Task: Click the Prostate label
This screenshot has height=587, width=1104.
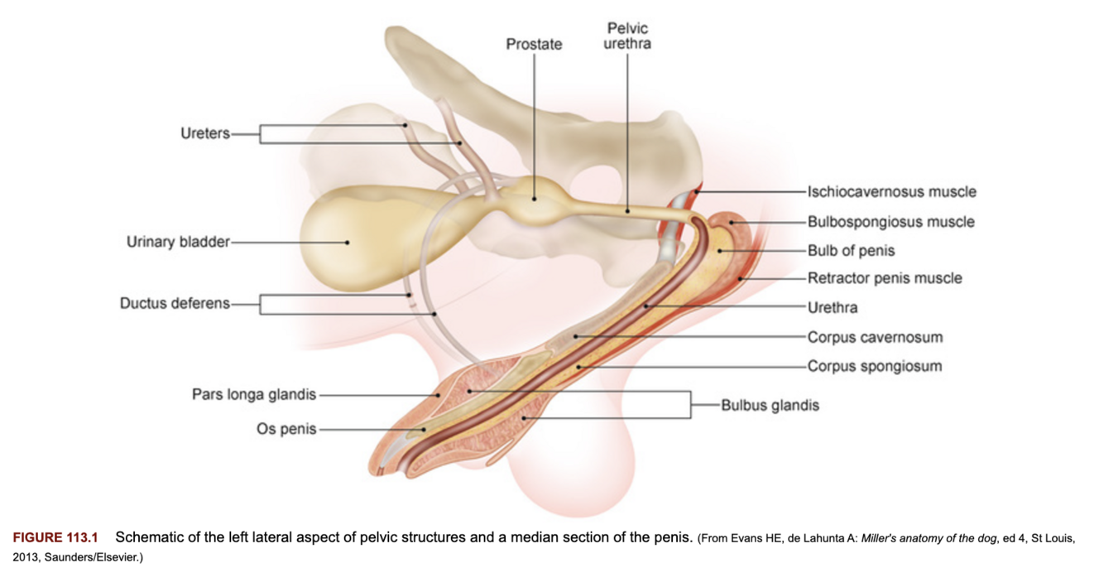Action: pyautogui.click(x=534, y=45)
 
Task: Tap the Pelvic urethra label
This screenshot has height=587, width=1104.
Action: pyautogui.click(x=627, y=36)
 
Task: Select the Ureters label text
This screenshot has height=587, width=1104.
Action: pyautogui.click(x=205, y=133)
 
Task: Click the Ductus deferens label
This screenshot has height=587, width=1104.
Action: pyautogui.click(x=175, y=303)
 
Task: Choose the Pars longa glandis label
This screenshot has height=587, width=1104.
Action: pyautogui.click(x=254, y=394)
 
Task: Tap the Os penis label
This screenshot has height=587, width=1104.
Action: pyautogui.click(x=286, y=429)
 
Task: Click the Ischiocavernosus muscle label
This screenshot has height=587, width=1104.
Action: pyautogui.click(x=891, y=191)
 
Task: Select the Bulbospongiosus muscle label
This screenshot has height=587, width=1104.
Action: pyautogui.click(x=890, y=221)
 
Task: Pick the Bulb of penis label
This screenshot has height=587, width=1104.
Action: pyautogui.click(x=851, y=250)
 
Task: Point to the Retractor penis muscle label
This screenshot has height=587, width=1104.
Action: pyautogui.click(x=885, y=278)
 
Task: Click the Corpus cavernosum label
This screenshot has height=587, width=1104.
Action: pyautogui.click(x=875, y=337)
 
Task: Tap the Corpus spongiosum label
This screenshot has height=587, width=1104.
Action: pyautogui.click(x=874, y=366)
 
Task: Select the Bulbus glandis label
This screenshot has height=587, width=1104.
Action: pyautogui.click(x=770, y=405)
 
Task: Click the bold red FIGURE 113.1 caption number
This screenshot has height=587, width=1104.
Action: pyautogui.click(x=55, y=538)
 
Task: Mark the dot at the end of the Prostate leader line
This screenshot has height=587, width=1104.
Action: pyautogui.click(x=534, y=198)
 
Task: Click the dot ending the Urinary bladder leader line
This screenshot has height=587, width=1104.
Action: pyautogui.click(x=348, y=243)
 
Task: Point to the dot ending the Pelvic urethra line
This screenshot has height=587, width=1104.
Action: pyautogui.click(x=627, y=210)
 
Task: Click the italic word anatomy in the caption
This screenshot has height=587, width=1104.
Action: pyautogui.click(x=933, y=538)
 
